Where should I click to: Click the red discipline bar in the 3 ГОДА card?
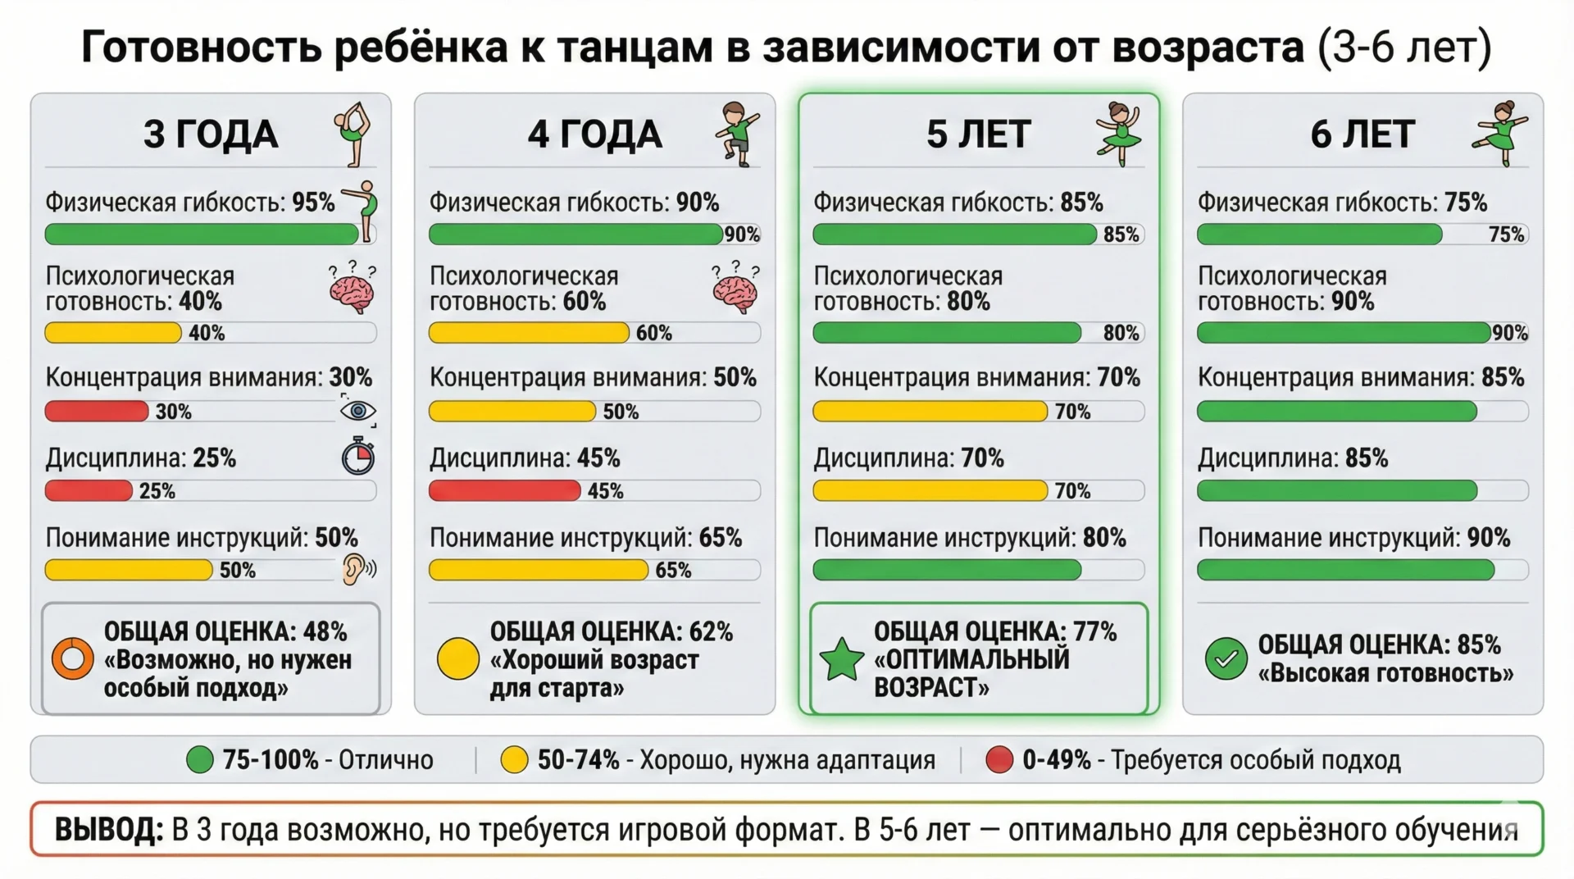[89, 491]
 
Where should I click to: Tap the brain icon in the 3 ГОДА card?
[353, 291]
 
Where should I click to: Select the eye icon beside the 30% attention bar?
[358, 411]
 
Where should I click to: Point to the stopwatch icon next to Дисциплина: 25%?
[358, 458]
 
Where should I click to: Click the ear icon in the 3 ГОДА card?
[355, 569]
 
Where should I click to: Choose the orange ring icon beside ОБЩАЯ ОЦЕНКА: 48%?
[73, 658]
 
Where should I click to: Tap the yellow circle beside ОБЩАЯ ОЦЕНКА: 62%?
[457, 658]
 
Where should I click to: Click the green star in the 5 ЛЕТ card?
[842, 659]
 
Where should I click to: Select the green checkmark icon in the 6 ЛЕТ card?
[1226, 658]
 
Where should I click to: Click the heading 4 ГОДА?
[594, 134]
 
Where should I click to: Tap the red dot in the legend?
[999, 760]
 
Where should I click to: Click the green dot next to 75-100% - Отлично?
[199, 760]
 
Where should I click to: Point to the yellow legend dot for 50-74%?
[514, 760]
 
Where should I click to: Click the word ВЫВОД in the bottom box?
[108, 830]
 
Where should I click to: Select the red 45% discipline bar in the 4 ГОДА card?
[504, 491]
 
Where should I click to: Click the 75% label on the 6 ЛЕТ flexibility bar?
[1506, 235]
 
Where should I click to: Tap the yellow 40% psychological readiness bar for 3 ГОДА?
[113, 333]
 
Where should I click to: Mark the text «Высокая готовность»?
[1385, 674]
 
